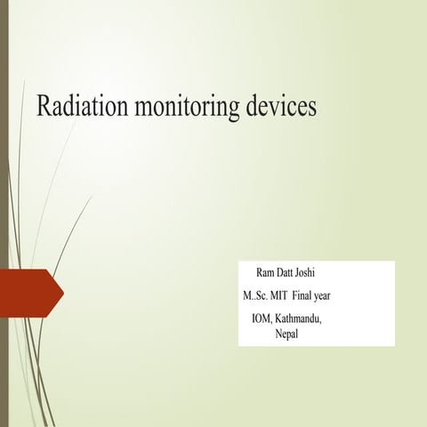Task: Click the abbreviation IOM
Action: point(263,318)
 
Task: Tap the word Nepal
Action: point(286,333)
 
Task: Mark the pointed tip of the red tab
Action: point(64,290)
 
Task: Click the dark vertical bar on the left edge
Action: point(4,213)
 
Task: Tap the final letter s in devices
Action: point(312,107)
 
